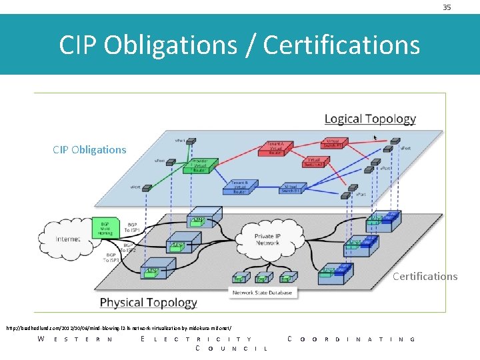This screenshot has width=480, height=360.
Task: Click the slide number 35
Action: point(447,7)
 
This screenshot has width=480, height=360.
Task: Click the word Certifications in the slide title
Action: point(341,45)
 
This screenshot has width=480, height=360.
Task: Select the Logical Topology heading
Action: point(370,119)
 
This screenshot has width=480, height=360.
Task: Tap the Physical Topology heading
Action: point(148,303)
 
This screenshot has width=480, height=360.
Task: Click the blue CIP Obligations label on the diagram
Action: point(89,149)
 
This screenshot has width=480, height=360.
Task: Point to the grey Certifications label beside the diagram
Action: point(425,276)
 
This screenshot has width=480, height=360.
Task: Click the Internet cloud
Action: point(68,239)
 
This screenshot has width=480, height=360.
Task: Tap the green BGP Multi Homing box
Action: point(105,229)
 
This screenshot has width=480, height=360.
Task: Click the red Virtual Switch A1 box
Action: point(331,143)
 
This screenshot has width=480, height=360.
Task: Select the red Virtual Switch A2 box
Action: point(316,163)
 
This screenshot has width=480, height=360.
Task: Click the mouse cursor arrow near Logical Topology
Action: point(376,138)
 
